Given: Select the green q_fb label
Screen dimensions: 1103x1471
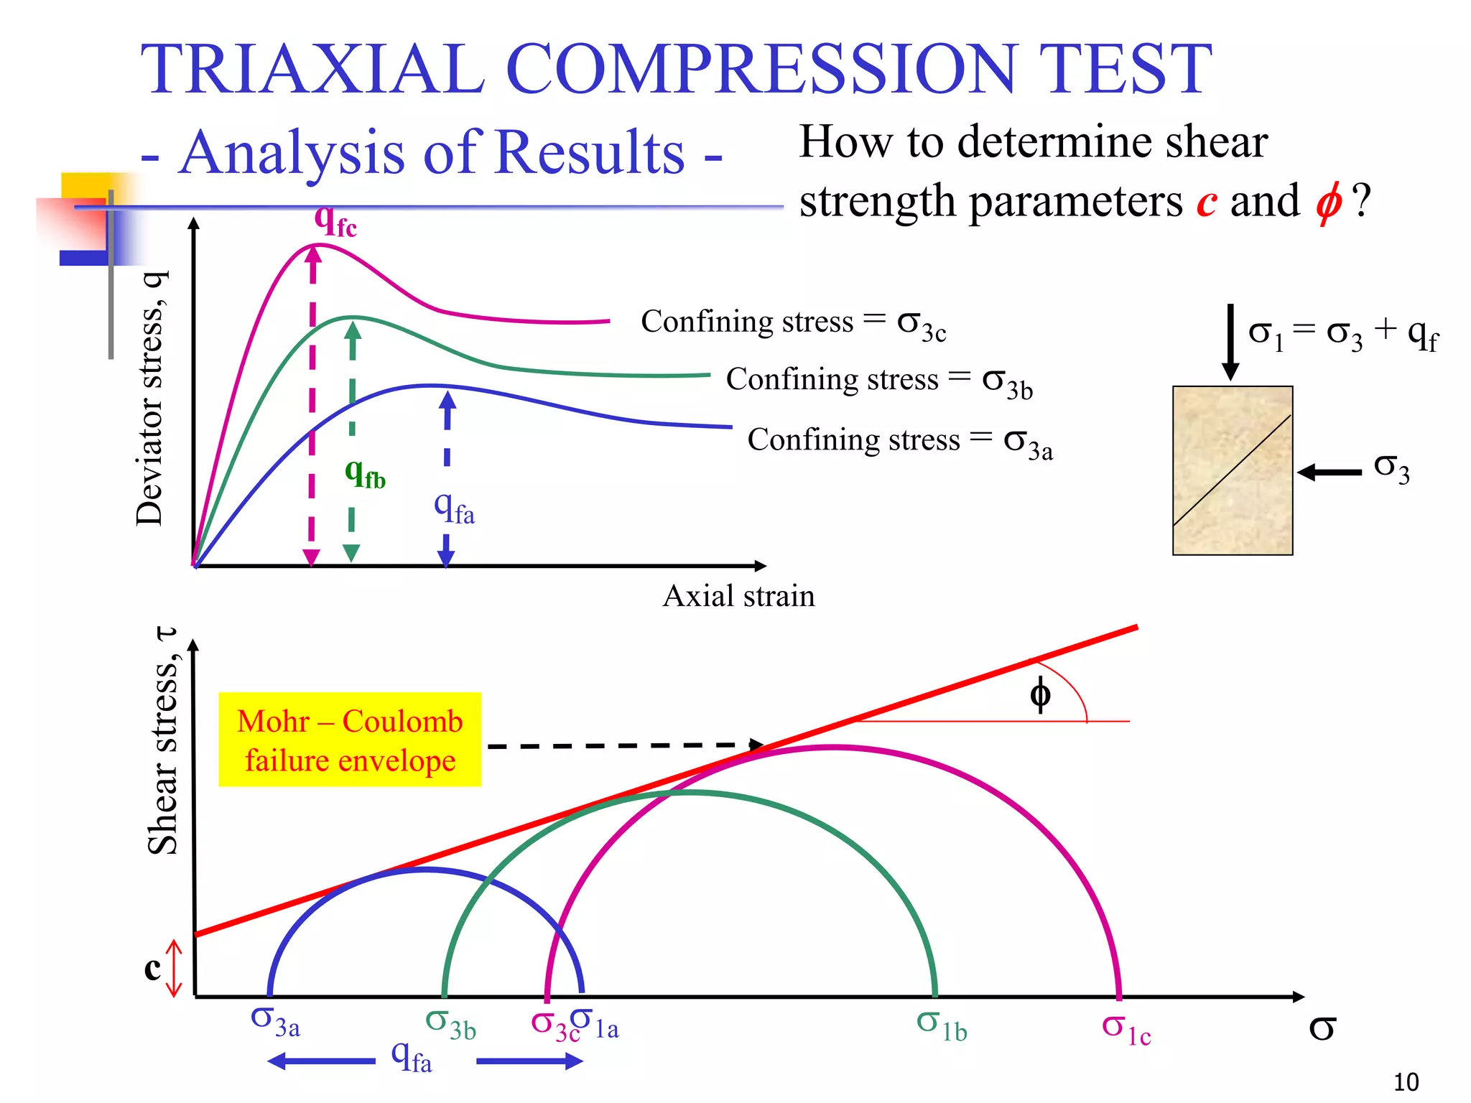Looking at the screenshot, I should (x=365, y=474).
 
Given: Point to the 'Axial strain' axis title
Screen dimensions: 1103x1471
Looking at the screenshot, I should (x=738, y=596).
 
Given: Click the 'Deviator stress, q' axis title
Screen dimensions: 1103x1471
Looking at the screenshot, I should (x=152, y=399).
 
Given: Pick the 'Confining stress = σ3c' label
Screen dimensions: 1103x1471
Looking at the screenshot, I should (x=793, y=322).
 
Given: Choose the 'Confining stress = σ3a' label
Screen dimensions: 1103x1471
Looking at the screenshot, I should (x=899, y=440).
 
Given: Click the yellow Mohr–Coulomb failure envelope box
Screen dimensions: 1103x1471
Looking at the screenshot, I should (x=350, y=740).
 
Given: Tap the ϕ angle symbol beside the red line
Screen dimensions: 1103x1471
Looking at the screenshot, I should (x=1040, y=694).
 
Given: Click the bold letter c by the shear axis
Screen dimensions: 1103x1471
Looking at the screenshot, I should (x=152, y=968).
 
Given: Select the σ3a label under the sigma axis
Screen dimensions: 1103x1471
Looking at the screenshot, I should (x=275, y=1022).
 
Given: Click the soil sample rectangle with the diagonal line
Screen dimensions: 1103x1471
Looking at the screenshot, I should (x=1233, y=470).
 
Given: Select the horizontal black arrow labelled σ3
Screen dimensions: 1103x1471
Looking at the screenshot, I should (x=1330, y=472).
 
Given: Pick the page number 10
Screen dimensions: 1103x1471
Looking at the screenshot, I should (x=1406, y=1081).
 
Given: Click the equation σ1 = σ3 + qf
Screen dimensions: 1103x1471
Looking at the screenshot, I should (x=1342, y=335).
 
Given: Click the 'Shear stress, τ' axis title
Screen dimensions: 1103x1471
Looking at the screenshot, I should (x=165, y=743).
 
